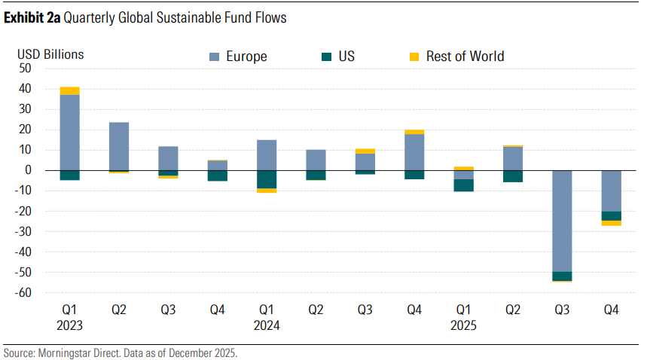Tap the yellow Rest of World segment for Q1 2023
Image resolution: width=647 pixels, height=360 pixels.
tap(70, 91)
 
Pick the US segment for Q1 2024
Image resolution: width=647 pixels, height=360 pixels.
tap(267, 179)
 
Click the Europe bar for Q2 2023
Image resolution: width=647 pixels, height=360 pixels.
tap(119, 146)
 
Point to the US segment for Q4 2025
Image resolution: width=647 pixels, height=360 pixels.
tap(611, 216)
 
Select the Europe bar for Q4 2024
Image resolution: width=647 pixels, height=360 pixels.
tap(414, 152)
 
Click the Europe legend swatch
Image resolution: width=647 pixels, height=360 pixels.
tap(213, 56)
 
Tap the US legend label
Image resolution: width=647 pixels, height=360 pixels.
tap(347, 56)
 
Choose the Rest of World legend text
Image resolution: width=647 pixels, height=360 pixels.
tap(465, 56)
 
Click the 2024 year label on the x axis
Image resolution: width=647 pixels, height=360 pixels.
tap(267, 325)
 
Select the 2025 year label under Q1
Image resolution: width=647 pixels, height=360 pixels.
tap(463, 325)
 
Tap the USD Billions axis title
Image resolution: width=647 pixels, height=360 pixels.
tap(50, 54)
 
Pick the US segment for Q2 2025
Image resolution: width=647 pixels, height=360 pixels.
tap(512, 176)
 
